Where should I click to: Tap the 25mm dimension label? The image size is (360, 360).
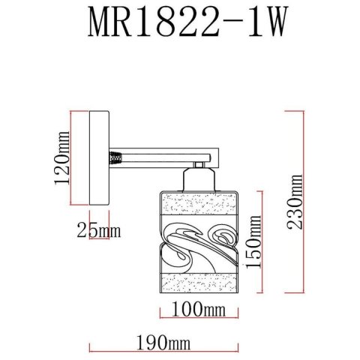[98, 230]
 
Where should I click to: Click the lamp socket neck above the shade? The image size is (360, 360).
[197, 181]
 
